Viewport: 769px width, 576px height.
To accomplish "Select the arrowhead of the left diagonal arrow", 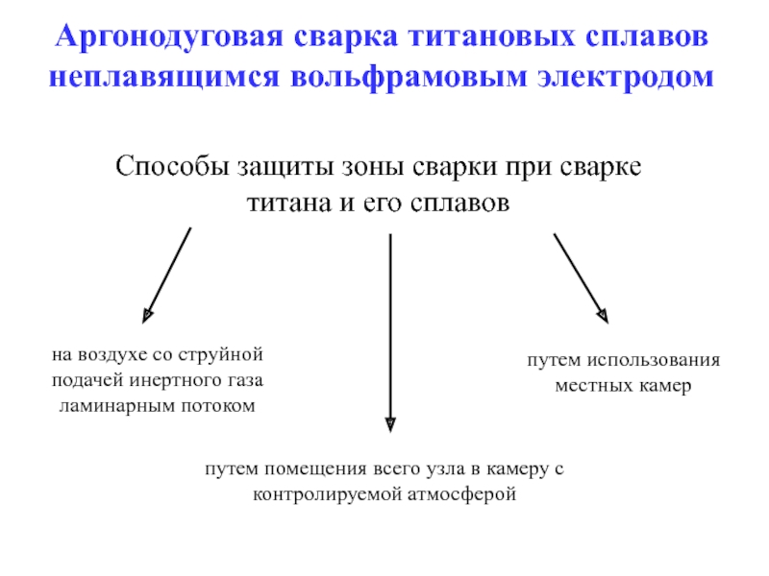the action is [147, 314].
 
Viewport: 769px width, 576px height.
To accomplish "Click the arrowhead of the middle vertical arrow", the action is [389, 423].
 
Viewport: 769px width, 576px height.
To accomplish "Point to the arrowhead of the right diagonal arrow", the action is [603, 314].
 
